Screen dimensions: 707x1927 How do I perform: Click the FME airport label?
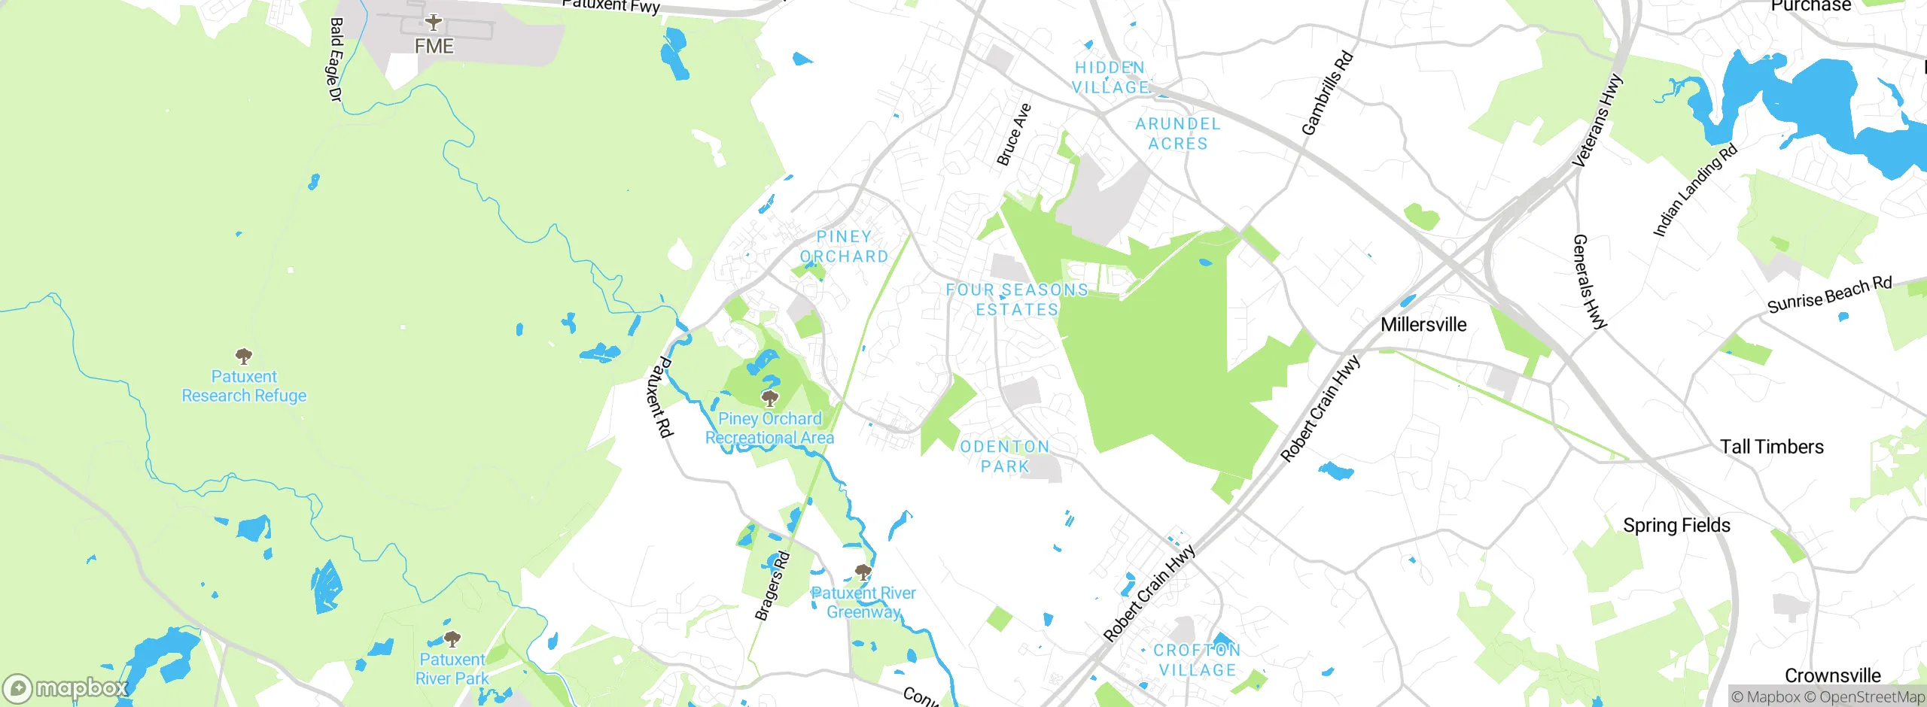point(434,47)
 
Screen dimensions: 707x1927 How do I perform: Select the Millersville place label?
point(1423,325)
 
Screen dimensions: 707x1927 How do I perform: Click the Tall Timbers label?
point(1771,447)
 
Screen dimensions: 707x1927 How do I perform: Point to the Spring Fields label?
point(1676,525)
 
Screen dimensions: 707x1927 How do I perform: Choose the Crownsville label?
point(1832,675)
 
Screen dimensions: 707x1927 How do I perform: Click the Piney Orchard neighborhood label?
point(844,247)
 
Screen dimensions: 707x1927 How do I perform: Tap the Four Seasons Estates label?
point(1017,299)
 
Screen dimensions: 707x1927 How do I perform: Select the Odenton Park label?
point(1005,457)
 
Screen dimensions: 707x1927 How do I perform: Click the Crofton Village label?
point(1197,660)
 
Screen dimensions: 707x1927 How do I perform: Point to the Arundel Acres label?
point(1178,134)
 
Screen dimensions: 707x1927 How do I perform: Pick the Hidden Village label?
point(1110,77)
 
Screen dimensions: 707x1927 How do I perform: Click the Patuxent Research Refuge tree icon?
point(243,355)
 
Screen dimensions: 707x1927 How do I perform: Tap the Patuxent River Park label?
point(452,669)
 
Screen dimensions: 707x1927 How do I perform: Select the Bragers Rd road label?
point(772,586)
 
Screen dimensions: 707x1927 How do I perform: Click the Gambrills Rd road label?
point(1327,93)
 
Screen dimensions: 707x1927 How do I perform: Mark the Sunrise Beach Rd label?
point(1829,295)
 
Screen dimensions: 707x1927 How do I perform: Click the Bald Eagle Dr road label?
point(336,59)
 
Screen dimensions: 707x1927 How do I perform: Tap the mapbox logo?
point(66,687)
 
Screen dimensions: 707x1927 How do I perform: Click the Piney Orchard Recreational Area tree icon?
point(769,397)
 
